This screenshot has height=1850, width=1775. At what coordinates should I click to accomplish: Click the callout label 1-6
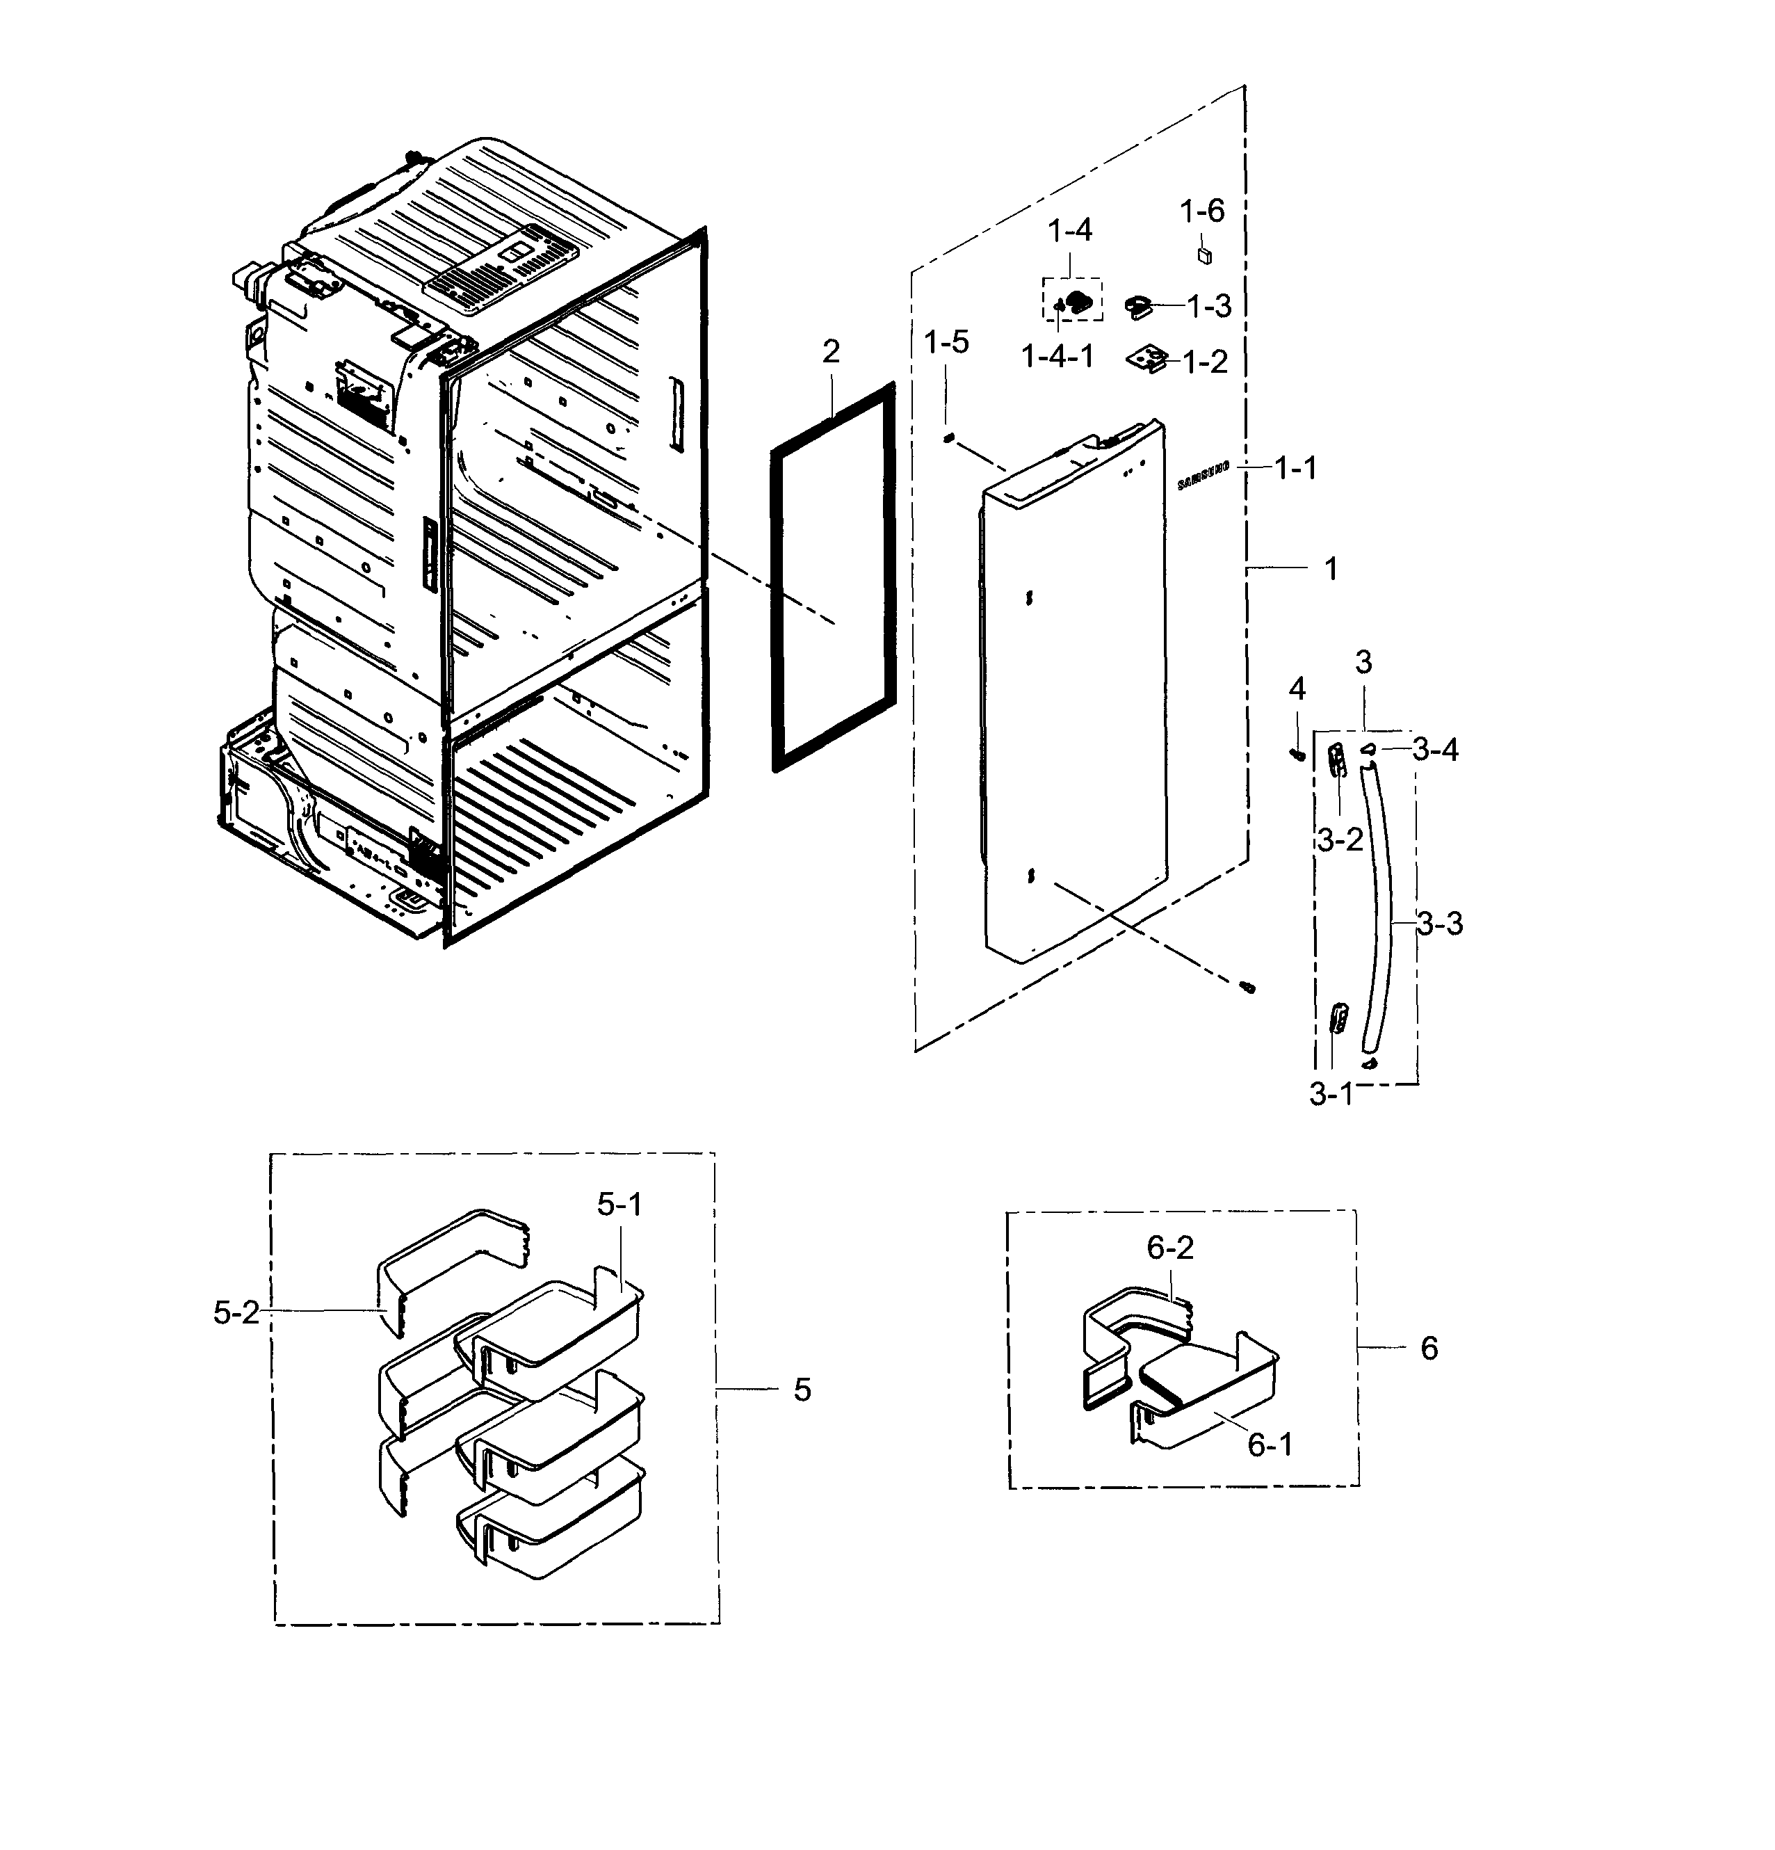pyautogui.click(x=1201, y=211)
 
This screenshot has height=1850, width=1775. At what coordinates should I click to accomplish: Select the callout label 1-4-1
pyautogui.click(x=1057, y=356)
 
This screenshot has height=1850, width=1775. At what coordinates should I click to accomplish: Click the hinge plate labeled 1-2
pyautogui.click(x=1146, y=359)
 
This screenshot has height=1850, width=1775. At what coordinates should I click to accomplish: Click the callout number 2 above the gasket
pyautogui.click(x=830, y=351)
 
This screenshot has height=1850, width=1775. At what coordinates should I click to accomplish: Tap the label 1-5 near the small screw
pyautogui.click(x=946, y=341)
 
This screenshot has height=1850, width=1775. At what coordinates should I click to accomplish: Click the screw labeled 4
pyautogui.click(x=1297, y=753)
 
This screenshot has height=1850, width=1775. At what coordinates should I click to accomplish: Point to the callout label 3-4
pyautogui.click(x=1435, y=750)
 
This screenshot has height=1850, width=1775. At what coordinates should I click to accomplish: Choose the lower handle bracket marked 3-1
pyautogui.click(x=1336, y=1020)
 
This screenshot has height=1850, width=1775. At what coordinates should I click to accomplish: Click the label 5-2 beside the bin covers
pyautogui.click(x=236, y=1312)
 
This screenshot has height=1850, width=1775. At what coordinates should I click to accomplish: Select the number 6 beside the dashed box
pyautogui.click(x=1429, y=1348)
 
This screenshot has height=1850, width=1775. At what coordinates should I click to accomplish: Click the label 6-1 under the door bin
pyautogui.click(x=1270, y=1444)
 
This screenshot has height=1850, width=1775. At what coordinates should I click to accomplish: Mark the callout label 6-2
pyautogui.click(x=1169, y=1248)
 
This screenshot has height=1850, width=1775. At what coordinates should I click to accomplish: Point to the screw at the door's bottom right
pyautogui.click(x=1247, y=986)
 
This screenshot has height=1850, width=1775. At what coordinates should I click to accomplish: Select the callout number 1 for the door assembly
pyautogui.click(x=1331, y=568)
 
